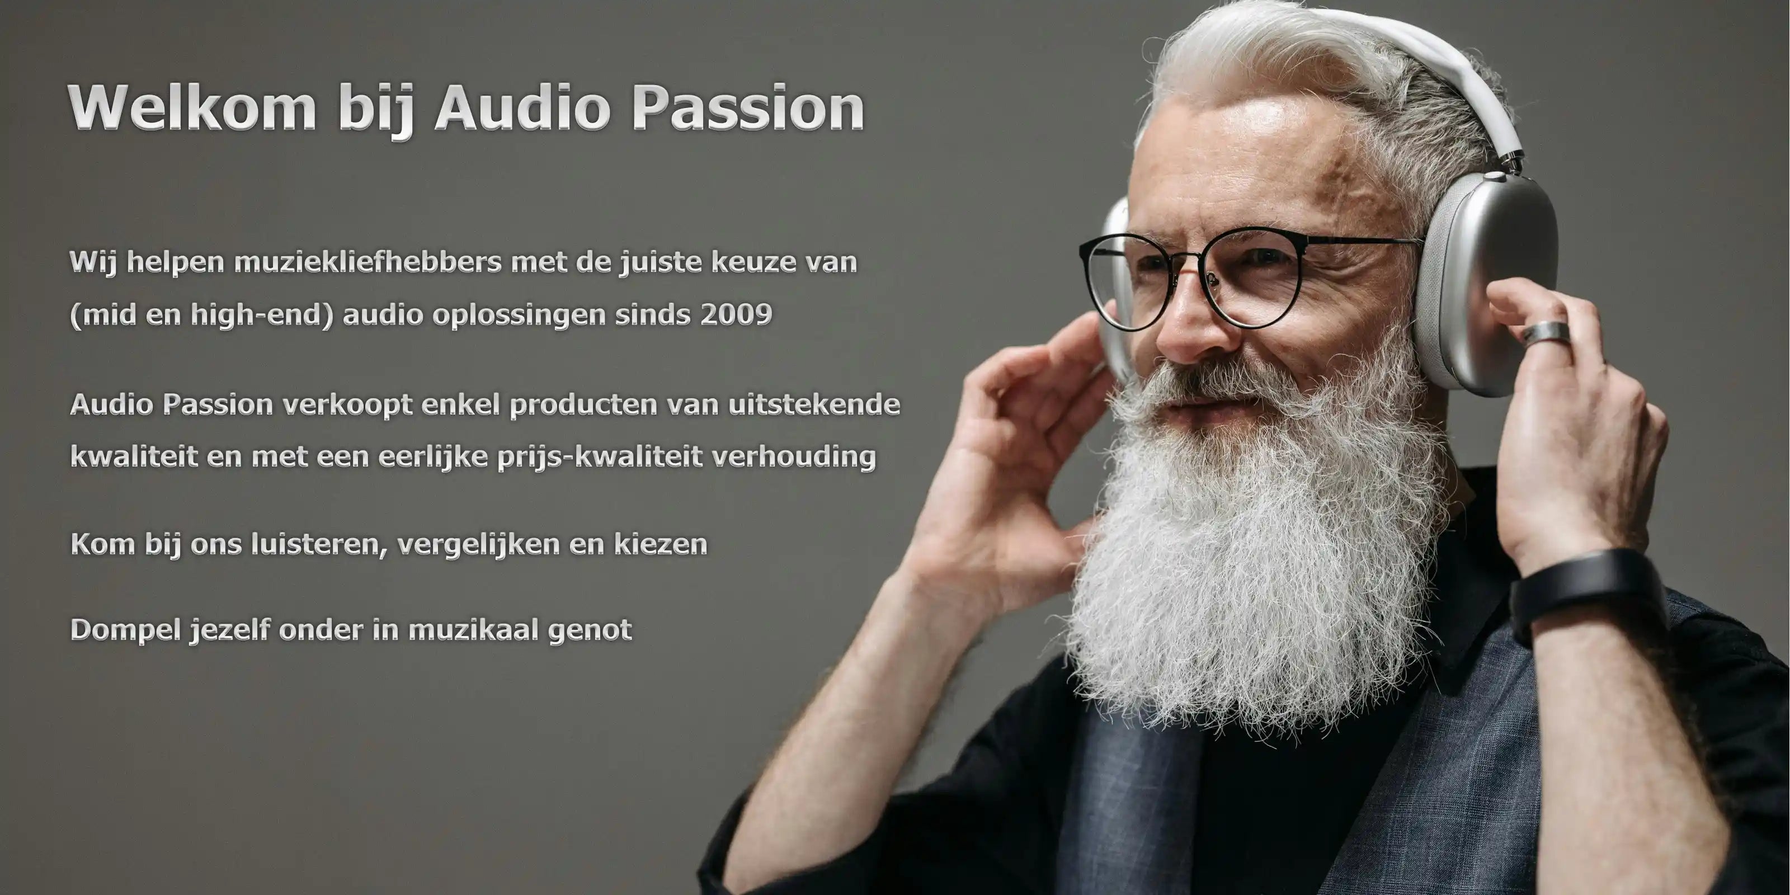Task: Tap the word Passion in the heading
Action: tap(748, 108)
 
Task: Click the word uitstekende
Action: tap(814, 404)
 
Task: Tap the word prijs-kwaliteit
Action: tap(600, 457)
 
